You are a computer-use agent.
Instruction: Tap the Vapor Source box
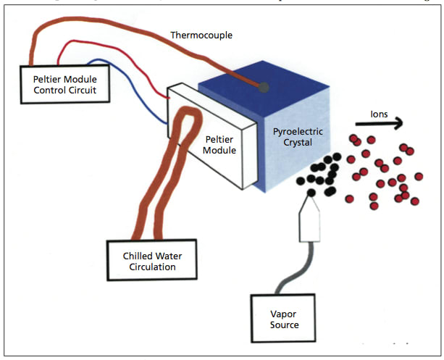(x=284, y=318)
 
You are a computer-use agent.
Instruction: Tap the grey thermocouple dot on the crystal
(x=264, y=88)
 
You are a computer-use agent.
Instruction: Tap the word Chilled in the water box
(x=132, y=255)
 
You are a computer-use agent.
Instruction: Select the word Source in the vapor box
(x=284, y=325)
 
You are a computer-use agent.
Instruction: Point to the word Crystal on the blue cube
(x=297, y=144)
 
